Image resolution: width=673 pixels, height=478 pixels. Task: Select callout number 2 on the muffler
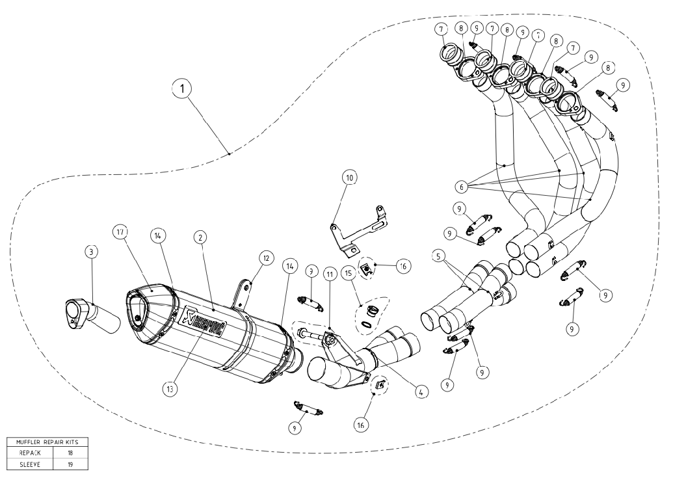coord(201,239)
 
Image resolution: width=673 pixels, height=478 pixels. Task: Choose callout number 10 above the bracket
coord(350,177)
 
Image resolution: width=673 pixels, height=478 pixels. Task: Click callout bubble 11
coord(330,276)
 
